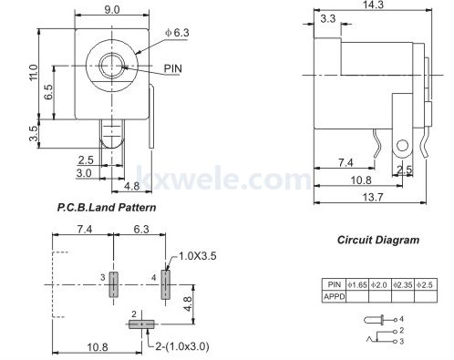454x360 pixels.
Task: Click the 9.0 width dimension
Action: coord(112,10)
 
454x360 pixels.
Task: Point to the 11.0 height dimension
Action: coord(34,72)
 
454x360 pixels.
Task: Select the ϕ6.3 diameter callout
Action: coord(177,33)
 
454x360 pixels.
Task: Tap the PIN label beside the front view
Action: coord(173,68)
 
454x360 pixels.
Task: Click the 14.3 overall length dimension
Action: coord(373,5)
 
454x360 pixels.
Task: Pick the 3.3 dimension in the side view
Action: coord(328,19)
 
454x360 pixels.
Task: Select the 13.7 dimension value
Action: coord(373,198)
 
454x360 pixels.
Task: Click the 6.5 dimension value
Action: coord(48,92)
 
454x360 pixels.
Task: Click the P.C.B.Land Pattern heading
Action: coord(107,208)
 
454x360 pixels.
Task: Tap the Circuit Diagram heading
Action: coord(378,240)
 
